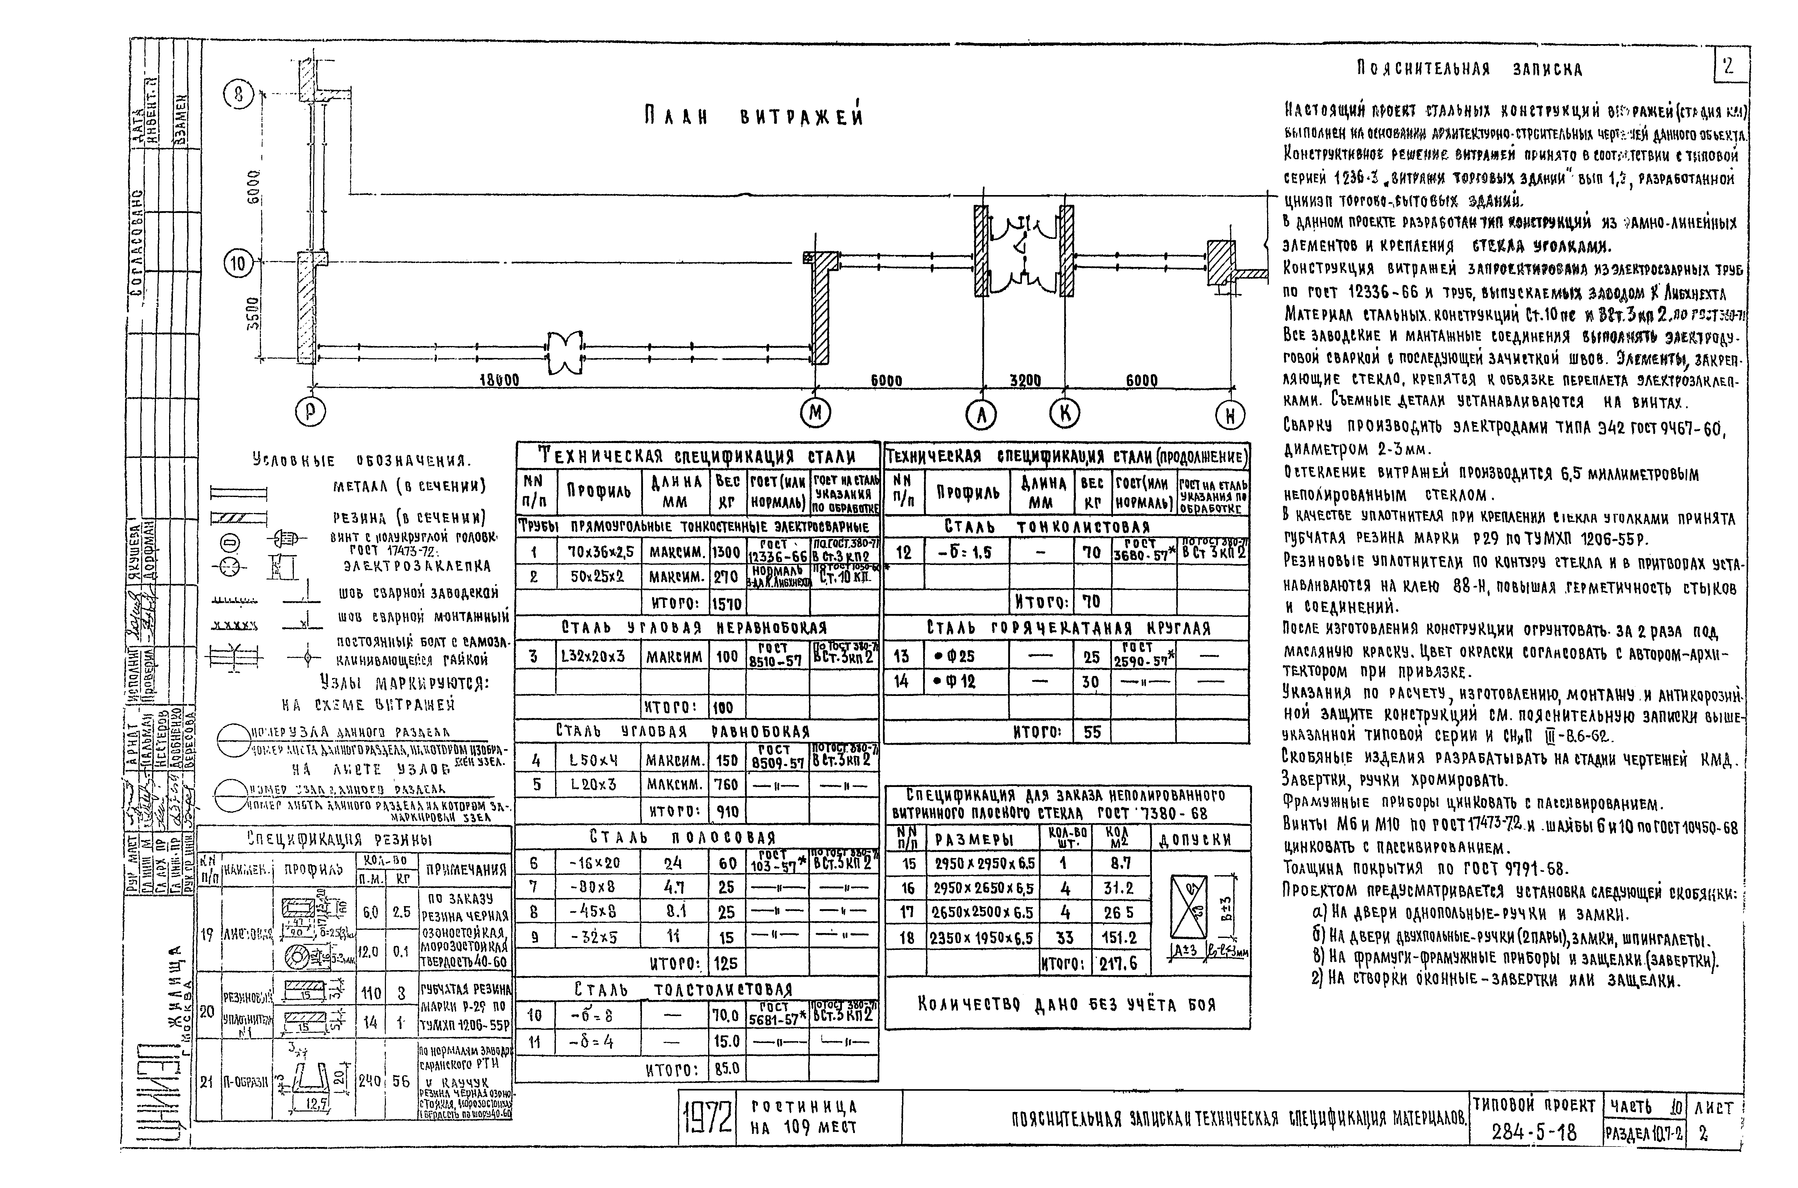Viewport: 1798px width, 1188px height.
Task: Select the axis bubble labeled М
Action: [815, 413]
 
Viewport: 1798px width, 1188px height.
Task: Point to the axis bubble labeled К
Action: [1064, 413]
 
